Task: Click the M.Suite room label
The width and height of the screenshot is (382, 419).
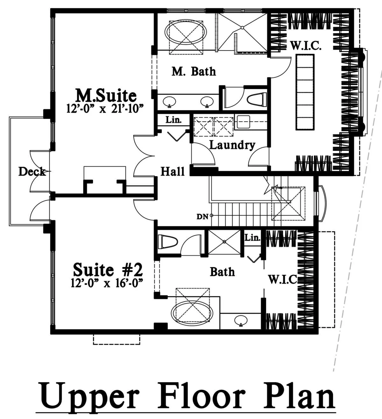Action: point(106,96)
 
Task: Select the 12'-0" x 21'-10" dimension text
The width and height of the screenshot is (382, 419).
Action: point(105,109)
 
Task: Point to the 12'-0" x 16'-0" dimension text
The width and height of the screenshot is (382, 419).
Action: point(107,283)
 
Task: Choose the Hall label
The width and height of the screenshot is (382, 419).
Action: point(173,171)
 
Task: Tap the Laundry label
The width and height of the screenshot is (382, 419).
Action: point(232,145)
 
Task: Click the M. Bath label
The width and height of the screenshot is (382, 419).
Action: point(194,72)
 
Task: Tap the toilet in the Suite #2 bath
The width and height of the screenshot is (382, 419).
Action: point(168,242)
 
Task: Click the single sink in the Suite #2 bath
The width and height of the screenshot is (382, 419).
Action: point(241,320)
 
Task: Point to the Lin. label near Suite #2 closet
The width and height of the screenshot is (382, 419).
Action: point(252,237)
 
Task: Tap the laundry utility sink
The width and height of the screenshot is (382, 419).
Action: point(243,122)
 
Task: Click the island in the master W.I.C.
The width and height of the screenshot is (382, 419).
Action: point(305,92)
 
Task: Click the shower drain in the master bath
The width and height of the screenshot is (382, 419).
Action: point(242,28)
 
